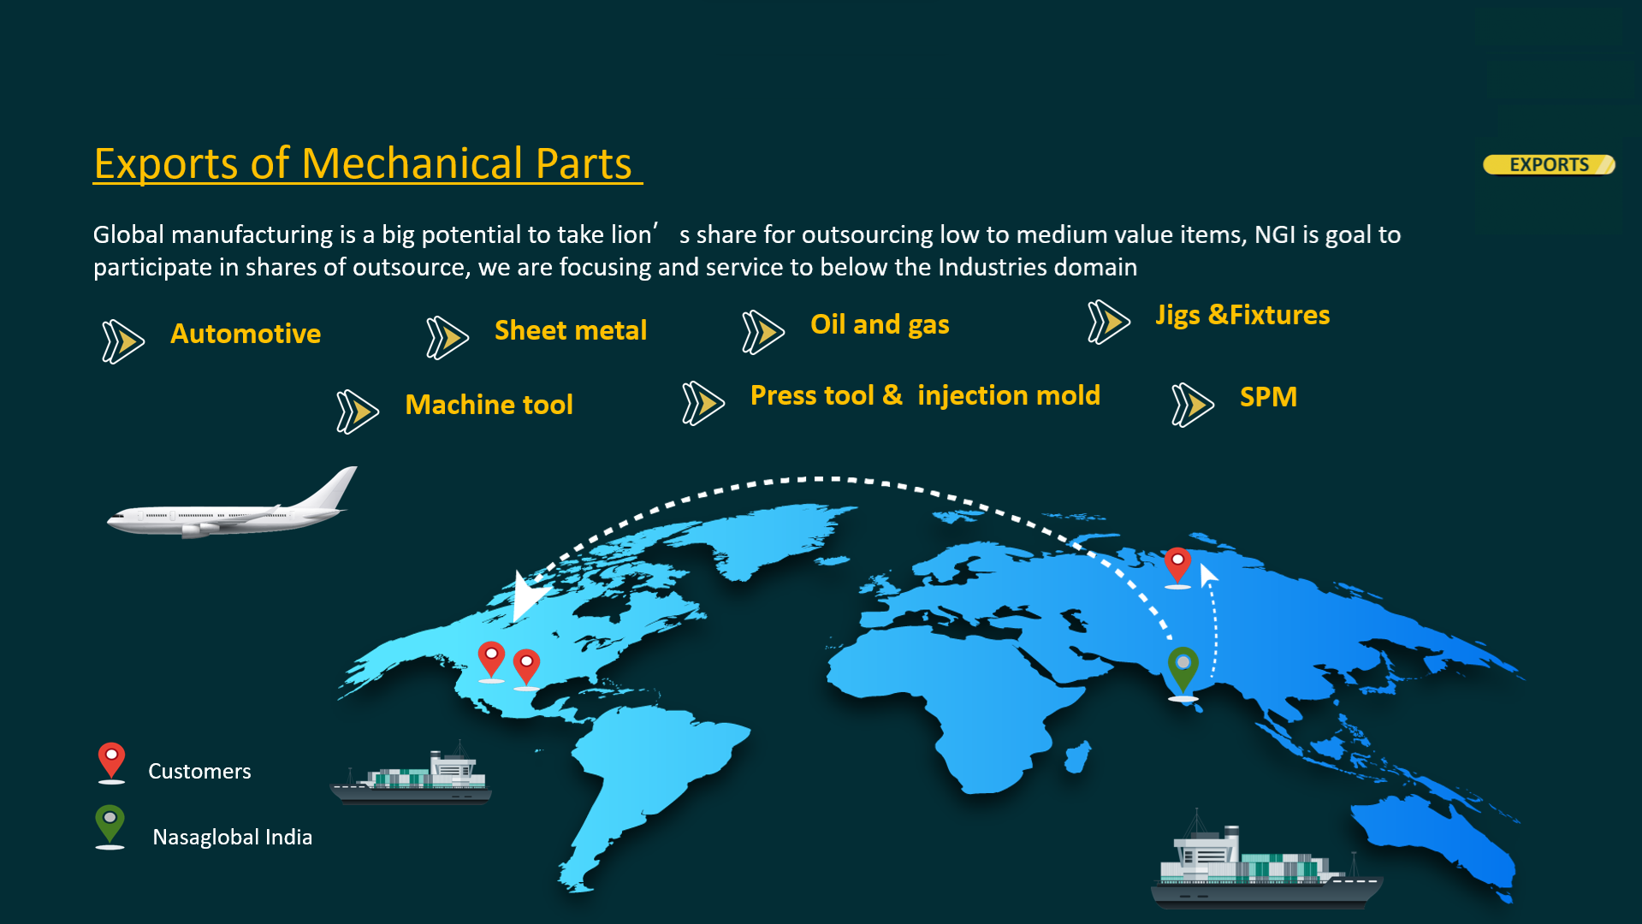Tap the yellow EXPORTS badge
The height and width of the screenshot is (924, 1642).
[1549, 164]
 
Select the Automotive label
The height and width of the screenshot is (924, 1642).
[246, 334]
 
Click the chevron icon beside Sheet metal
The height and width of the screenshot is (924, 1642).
[447, 337]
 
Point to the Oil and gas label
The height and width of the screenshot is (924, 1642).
[880, 325]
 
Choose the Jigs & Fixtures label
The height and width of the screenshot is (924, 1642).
[1242, 316]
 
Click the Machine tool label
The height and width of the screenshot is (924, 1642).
[489, 405]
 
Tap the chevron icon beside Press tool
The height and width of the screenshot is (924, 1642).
[703, 403]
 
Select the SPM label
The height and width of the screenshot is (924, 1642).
[1268, 397]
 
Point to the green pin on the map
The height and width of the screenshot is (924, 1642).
[1183, 672]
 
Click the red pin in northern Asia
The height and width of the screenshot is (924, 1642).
[1178, 567]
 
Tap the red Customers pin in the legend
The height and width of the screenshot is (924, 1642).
[111, 762]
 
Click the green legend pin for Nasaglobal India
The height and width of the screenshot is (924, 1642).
[110, 826]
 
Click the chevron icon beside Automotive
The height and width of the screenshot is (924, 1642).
[122, 341]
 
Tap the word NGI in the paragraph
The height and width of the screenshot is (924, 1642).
[1275, 234]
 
